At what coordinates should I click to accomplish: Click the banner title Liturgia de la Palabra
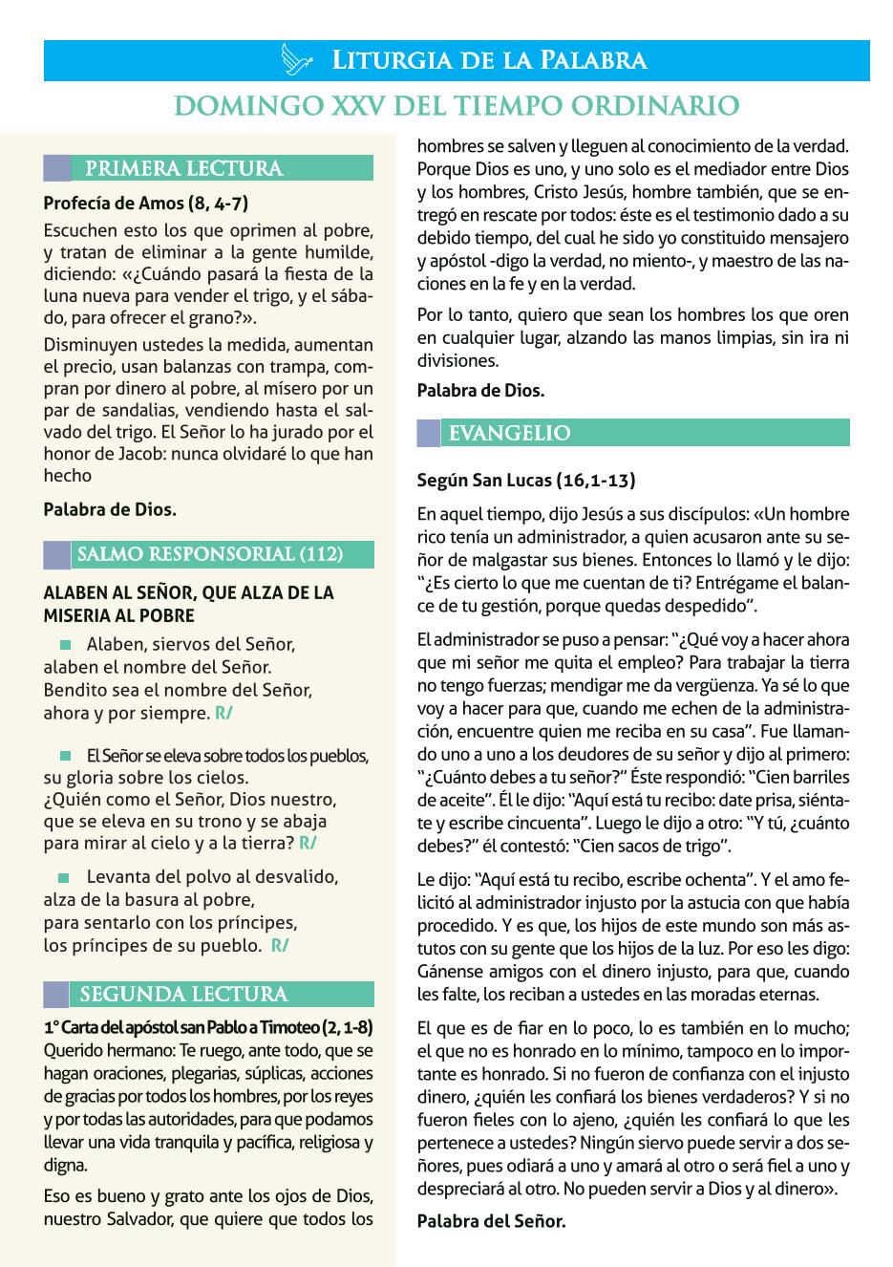489,61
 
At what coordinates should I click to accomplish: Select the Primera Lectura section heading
183,169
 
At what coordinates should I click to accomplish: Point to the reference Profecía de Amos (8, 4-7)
146,204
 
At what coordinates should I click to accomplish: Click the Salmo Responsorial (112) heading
210,554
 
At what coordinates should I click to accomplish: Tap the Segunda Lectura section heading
183,995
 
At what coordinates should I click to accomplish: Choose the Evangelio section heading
509,433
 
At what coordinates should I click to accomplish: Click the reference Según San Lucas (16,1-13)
526,481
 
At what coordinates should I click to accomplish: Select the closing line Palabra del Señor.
492,1220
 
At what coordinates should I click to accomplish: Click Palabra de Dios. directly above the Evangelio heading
481,390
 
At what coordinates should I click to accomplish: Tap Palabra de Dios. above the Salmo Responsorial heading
110,509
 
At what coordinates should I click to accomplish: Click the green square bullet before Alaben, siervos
65,644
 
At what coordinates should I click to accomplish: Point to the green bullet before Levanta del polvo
65,877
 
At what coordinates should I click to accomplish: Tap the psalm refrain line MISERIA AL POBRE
118,615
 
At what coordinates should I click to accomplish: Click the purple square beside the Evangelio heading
429,433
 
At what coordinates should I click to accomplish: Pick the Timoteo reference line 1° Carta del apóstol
208,1028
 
